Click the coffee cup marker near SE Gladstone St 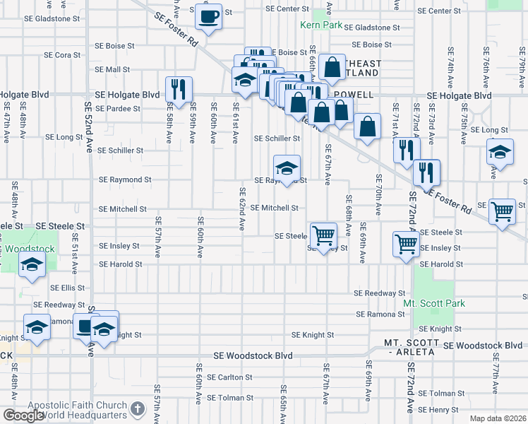(209, 16)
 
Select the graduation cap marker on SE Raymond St (287, 168)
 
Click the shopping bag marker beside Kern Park (331, 68)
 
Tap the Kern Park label (320, 25)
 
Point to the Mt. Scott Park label (434, 303)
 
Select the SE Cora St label (63, 54)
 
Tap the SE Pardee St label (118, 109)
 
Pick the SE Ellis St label (68, 288)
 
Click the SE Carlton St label (229, 377)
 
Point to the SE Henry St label (438, 410)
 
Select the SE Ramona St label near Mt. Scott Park (380, 314)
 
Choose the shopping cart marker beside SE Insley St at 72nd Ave (406, 244)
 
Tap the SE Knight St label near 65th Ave (312, 335)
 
